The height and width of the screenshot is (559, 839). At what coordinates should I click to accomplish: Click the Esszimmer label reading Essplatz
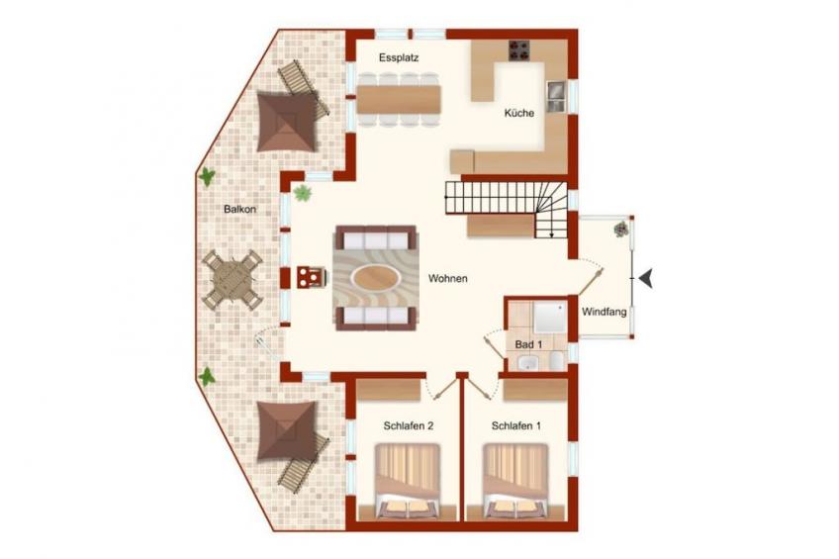399,57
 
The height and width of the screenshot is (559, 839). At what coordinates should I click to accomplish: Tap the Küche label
519,113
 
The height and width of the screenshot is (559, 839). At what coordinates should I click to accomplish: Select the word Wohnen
448,279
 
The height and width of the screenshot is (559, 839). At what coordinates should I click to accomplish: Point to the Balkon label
239,209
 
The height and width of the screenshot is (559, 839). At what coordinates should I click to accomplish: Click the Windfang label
605,312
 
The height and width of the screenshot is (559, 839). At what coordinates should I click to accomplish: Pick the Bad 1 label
528,344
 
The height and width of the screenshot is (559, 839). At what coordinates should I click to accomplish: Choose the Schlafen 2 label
409,425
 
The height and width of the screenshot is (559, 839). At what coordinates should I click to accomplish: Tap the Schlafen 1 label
515,425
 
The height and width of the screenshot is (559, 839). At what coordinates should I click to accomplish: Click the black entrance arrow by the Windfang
646,279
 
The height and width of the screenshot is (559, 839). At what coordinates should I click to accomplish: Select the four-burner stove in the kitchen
518,50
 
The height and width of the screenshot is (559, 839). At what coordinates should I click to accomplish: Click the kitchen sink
555,97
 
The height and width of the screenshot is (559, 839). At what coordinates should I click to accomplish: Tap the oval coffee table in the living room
376,278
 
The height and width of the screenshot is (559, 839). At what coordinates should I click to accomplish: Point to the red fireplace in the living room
311,278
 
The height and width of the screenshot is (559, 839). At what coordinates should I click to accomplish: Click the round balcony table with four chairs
233,279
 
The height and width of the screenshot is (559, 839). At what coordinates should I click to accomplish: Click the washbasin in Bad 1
529,363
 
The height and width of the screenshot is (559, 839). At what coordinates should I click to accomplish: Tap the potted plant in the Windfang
621,229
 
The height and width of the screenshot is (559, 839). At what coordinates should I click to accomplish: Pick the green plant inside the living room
303,193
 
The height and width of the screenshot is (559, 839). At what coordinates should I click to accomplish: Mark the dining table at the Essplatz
399,100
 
